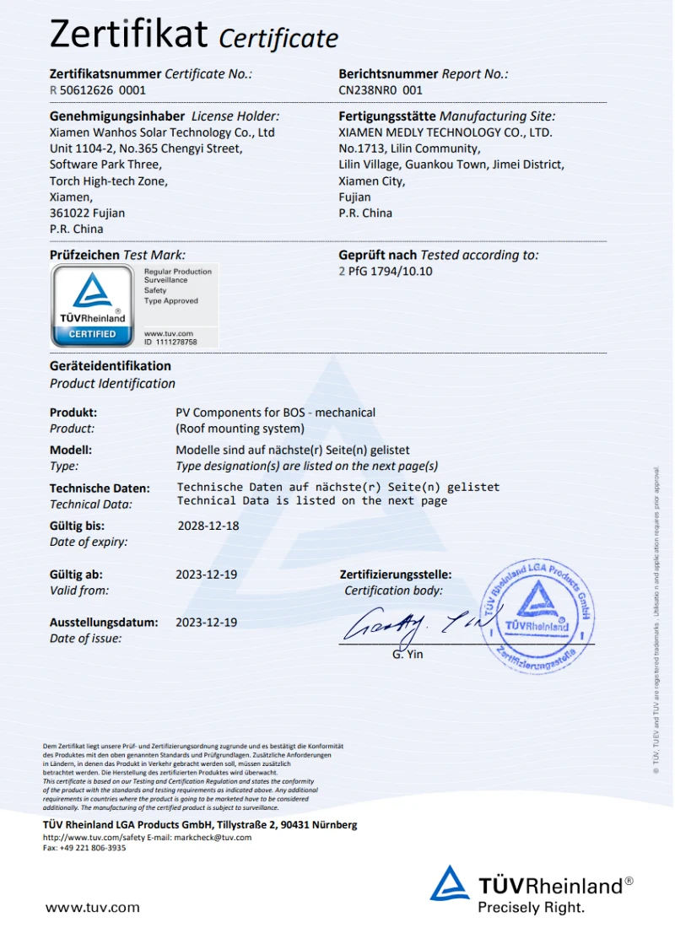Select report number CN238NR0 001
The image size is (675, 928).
pos(381,89)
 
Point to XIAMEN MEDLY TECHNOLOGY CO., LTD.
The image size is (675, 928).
pos(445,132)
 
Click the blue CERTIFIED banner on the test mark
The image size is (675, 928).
pos(92,334)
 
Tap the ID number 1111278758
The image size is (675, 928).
pos(175,343)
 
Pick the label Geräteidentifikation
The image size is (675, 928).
pos(111,366)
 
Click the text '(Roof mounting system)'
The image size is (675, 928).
pos(240,429)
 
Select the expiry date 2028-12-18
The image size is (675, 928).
pos(208,525)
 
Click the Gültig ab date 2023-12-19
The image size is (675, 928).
pos(206,575)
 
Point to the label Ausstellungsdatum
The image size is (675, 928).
pos(104,623)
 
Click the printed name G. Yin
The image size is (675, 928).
pos(408,654)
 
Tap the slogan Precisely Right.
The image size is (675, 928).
pos(531,908)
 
